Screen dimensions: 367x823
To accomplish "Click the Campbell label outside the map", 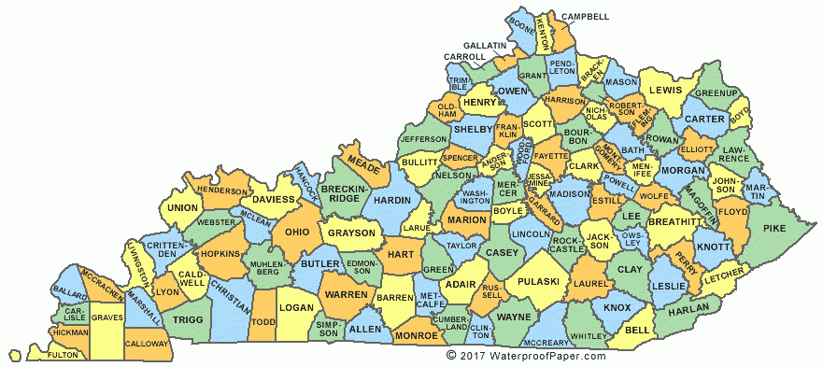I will click(586, 17).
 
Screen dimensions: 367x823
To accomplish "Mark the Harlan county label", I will click(687, 307).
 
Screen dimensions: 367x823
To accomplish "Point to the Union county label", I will click(182, 207).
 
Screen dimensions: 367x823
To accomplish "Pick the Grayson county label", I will click(351, 233).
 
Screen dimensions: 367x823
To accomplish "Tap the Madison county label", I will click(569, 194).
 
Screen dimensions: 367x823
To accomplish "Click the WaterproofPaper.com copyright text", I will click(526, 356).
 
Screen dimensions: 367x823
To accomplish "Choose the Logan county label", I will click(296, 307).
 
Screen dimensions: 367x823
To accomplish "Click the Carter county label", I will click(704, 120).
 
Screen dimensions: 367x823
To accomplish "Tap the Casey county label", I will click(502, 253).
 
